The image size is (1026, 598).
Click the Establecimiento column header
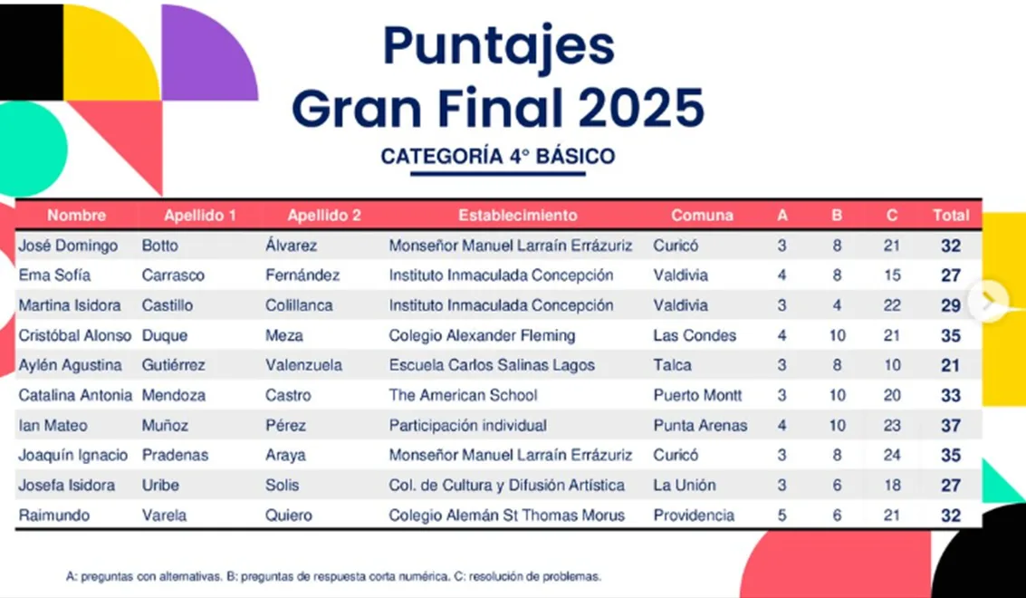(518, 216)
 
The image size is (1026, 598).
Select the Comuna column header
(702, 216)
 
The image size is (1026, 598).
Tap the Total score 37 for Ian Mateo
(951, 426)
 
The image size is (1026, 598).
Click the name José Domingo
(68, 246)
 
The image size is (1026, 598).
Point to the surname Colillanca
(299, 305)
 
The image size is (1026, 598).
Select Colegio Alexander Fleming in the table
(483, 335)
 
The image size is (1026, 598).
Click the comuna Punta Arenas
(700, 426)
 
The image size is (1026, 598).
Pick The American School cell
(464, 396)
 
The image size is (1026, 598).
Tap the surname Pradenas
(176, 455)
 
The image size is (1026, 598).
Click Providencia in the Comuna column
(693, 516)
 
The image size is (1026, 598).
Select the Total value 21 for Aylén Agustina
(951, 365)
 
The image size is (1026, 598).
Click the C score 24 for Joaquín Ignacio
(892, 455)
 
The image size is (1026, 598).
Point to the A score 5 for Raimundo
(781, 516)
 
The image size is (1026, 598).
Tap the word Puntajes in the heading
(499, 46)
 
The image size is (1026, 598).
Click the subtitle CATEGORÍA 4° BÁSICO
(498, 157)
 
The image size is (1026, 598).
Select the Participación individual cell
(468, 426)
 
